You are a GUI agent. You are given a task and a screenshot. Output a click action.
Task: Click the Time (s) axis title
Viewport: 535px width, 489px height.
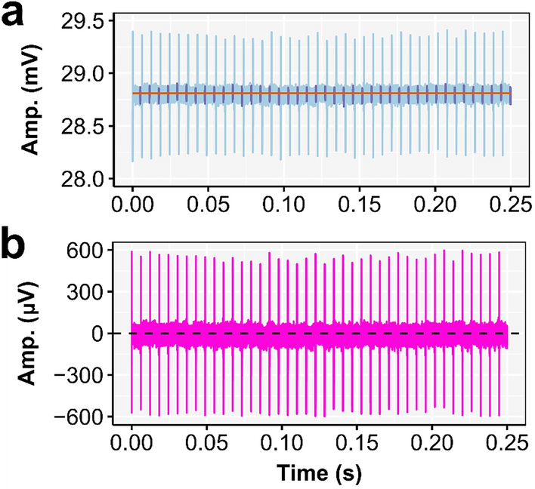click(320, 472)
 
